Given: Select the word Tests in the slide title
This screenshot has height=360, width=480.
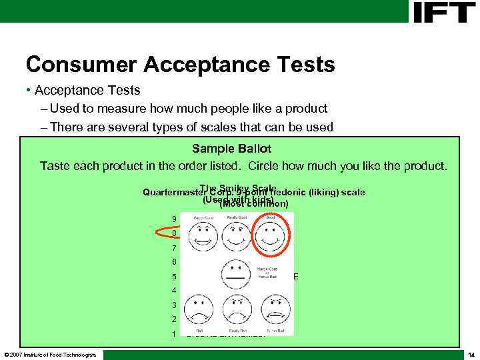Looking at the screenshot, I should click(304, 64).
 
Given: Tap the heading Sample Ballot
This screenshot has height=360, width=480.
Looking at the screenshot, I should click(231, 148).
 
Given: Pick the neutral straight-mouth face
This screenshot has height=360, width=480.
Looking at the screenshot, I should click(235, 274).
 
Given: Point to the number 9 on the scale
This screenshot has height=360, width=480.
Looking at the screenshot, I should click(174, 219).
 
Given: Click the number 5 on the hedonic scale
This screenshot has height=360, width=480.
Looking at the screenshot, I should click(174, 277).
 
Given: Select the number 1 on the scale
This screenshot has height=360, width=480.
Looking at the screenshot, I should click(174, 334).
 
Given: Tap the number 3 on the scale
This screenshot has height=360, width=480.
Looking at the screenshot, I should click(174, 305).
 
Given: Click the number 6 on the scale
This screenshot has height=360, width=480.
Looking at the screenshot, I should click(174, 262).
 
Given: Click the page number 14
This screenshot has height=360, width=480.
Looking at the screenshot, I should click(471, 354).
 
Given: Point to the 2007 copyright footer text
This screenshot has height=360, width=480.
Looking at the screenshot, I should click(50, 354).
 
